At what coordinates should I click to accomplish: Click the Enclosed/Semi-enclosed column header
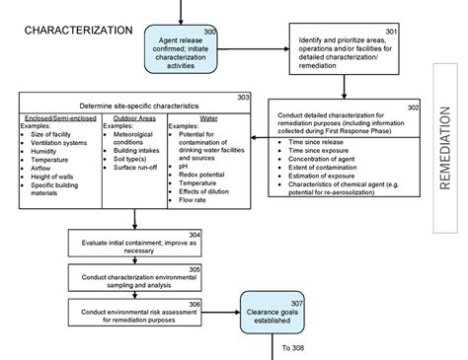(60, 117)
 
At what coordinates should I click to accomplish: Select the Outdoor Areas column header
(135, 117)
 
